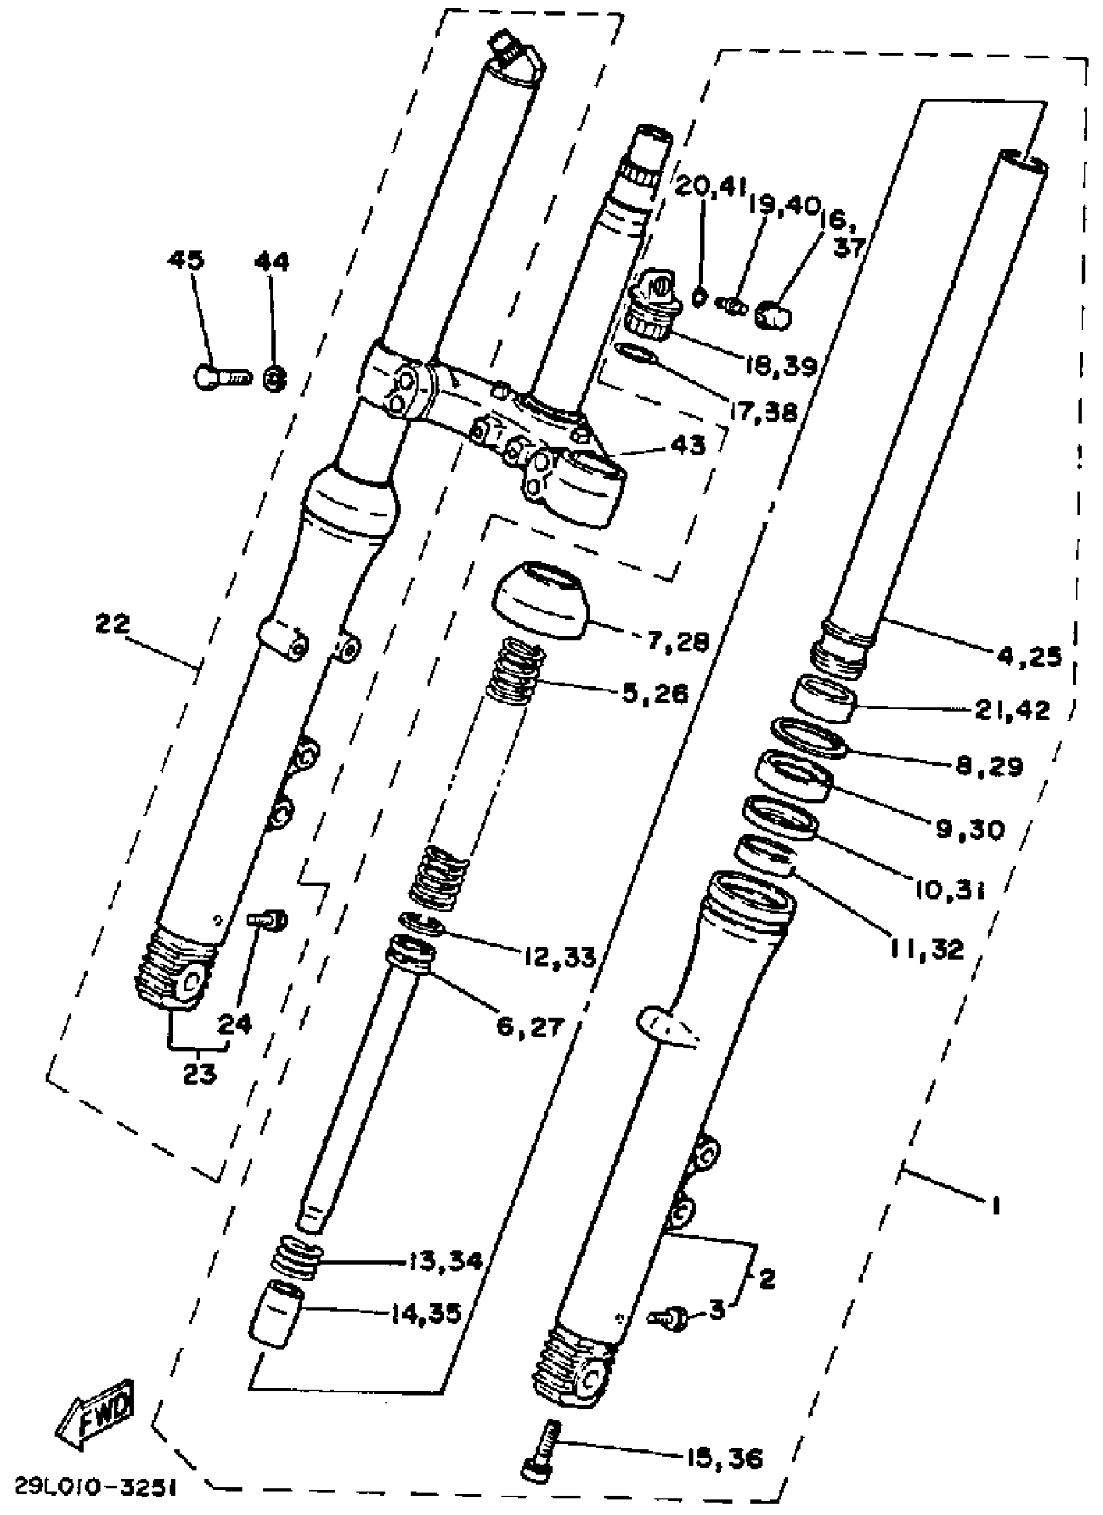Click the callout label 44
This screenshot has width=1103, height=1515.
click(x=271, y=262)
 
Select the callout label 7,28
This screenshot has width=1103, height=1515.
click(x=677, y=641)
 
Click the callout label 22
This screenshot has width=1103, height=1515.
click(x=112, y=625)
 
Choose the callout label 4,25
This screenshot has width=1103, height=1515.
click(x=1029, y=657)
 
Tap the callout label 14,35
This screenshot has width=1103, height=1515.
click(x=426, y=1314)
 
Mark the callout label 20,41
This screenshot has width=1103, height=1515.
click(x=710, y=188)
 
